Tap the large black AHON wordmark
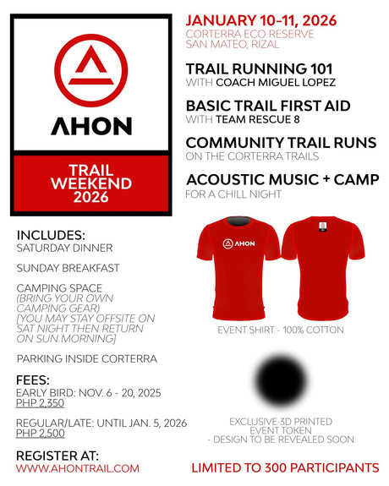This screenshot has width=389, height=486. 91,126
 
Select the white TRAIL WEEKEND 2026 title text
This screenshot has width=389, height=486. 91,183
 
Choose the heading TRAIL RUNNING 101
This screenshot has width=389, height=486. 258,69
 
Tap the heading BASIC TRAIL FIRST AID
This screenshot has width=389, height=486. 268,106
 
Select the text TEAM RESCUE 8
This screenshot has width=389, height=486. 252,119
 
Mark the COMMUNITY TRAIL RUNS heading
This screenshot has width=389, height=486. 281,143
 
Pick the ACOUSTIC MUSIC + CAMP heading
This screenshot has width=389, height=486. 282,180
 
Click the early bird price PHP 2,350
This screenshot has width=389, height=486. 41,403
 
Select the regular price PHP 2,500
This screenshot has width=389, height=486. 41,434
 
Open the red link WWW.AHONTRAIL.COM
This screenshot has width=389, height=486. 77,468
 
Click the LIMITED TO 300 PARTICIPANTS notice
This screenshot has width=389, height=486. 285,467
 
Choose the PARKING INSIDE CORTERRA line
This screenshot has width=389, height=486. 86,358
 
